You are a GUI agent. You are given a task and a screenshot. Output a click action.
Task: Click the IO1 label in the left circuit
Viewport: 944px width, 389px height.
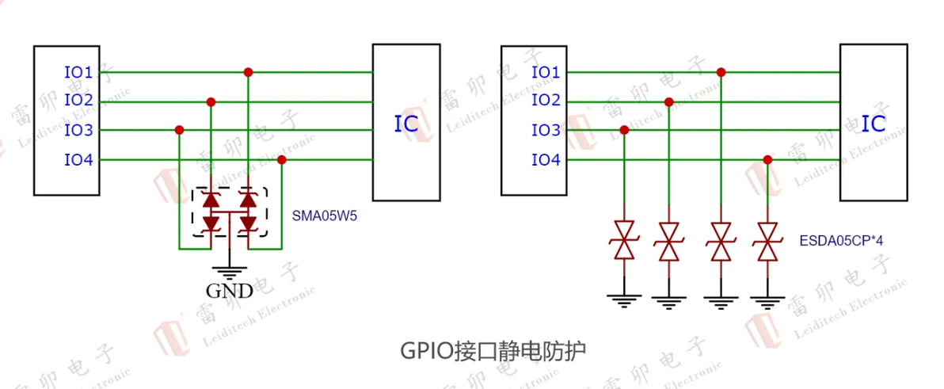point(78,72)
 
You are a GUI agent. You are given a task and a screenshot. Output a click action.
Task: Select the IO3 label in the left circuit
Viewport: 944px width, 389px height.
point(78,130)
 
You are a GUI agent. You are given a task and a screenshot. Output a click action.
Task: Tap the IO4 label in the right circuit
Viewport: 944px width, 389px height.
point(546,160)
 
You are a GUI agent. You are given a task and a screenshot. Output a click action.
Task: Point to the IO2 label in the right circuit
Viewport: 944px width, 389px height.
point(546,101)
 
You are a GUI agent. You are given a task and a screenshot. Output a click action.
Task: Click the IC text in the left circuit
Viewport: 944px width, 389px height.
point(406,124)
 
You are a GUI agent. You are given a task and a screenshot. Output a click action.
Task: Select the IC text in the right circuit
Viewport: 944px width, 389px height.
point(874,124)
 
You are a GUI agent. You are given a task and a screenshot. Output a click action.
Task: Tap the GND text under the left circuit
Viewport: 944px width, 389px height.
point(229,291)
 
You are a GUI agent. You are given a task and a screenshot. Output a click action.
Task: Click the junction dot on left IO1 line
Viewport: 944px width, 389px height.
point(248,72)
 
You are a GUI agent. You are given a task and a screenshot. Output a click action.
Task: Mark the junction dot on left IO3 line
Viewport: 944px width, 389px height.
point(180,130)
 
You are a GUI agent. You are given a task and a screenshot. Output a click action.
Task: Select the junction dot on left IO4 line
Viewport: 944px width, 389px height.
point(282,160)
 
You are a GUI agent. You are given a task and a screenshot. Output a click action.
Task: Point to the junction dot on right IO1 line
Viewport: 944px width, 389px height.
point(721,72)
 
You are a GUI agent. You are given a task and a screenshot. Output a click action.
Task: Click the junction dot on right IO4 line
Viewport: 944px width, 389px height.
point(767,160)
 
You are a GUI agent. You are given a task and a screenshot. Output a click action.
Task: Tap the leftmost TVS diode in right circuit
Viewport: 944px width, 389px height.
point(624,241)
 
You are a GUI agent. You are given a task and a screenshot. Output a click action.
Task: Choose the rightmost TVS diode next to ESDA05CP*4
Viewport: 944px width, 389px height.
point(767,241)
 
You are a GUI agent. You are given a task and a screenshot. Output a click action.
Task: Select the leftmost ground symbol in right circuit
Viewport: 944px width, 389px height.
point(624,299)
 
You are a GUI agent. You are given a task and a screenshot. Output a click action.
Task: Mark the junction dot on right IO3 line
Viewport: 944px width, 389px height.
point(624,130)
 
